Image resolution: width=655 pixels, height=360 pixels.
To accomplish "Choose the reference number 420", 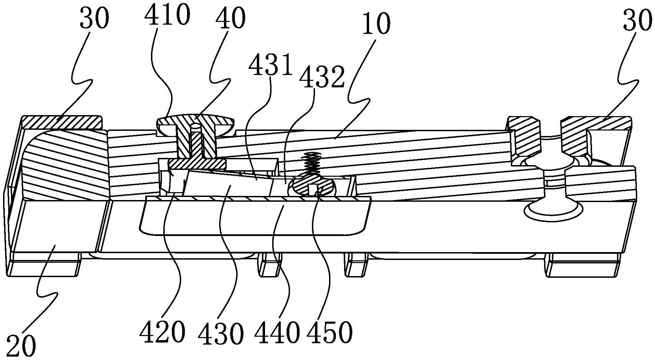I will (162, 331).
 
